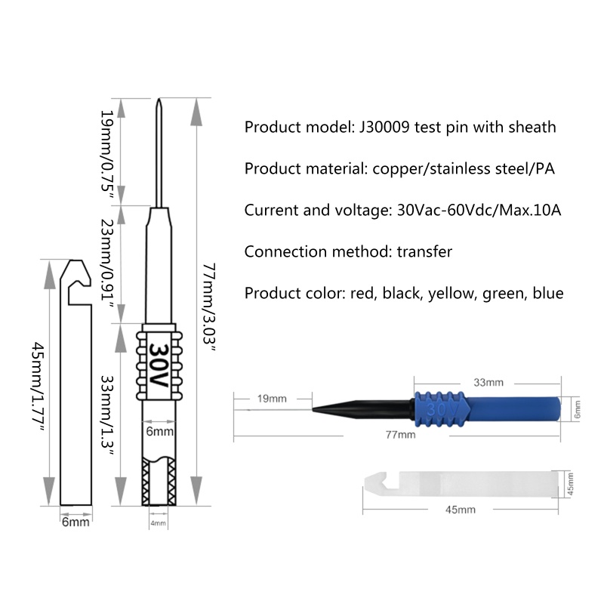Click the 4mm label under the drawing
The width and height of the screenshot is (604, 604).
coord(158,523)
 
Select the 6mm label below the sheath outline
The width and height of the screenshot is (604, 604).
coord(75,522)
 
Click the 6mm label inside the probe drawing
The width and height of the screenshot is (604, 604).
coord(159,433)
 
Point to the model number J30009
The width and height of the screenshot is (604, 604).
coord(381,127)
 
